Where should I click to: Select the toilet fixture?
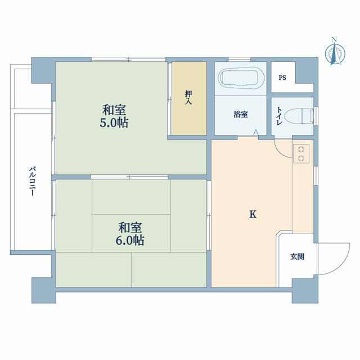[305, 115]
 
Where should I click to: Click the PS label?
[282, 78]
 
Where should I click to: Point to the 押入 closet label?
[189, 97]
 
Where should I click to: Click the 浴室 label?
[241, 114]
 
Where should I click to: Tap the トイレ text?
[280, 116]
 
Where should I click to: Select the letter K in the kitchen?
[253, 214]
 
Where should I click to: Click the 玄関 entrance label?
[297, 256]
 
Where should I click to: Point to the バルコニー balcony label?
[32, 181]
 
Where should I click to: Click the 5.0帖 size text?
[114, 123]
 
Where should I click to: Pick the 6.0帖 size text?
[130, 240]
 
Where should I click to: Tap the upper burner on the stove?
[301, 150]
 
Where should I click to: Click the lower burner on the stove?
[301, 158]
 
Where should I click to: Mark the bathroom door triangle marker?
[256, 133]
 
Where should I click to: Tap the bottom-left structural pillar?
[44, 290]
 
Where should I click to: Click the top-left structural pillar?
[44, 70]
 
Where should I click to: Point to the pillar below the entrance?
[305, 291]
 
